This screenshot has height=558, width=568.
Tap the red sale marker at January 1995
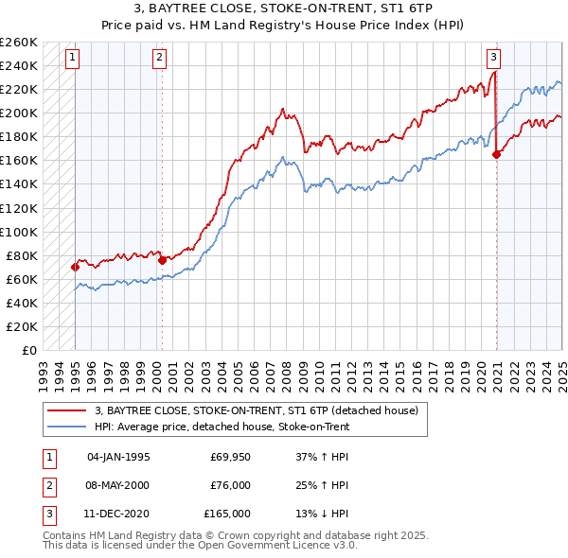(75, 267)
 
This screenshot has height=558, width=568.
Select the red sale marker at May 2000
(162, 259)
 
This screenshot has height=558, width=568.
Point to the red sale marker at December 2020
(497, 154)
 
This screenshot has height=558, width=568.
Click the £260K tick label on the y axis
(19, 43)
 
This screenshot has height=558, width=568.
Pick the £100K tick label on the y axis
(19, 232)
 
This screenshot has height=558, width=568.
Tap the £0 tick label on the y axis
(28, 350)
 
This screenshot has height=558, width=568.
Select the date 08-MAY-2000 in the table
(117, 485)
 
